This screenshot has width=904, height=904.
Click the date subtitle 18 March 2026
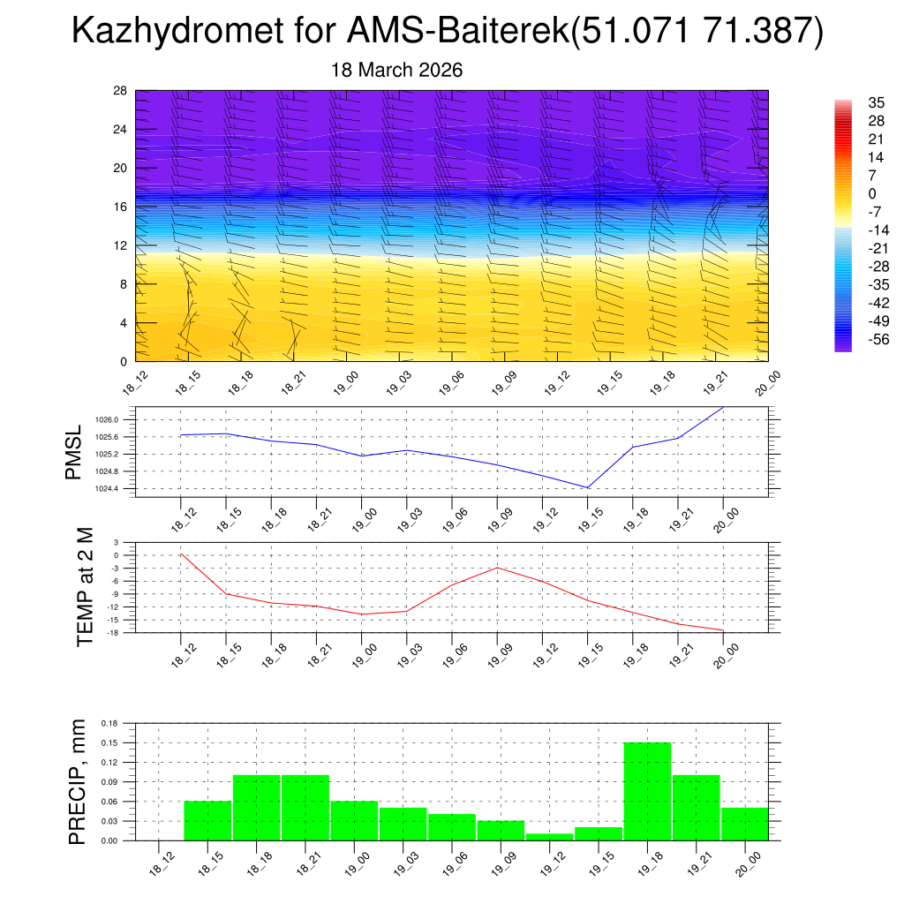pyautogui.click(x=396, y=71)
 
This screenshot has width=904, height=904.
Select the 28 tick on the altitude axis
pyautogui.click(x=121, y=91)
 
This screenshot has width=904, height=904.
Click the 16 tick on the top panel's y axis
pyautogui.click(x=121, y=207)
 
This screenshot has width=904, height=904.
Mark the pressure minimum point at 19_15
pyautogui.click(x=588, y=487)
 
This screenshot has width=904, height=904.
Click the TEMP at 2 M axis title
pyautogui.click(x=85, y=587)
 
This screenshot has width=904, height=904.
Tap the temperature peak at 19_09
pyautogui.click(x=497, y=568)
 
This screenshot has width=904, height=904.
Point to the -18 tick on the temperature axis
pyautogui.click(x=114, y=632)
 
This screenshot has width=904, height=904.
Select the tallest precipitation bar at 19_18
pyautogui.click(x=647, y=791)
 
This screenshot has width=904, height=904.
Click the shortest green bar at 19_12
pyautogui.click(x=549, y=837)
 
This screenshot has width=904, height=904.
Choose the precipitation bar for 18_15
pyautogui.click(x=207, y=821)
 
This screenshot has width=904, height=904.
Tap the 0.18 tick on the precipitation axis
pyautogui.click(x=109, y=723)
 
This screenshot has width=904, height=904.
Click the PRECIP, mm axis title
pyautogui.click(x=78, y=781)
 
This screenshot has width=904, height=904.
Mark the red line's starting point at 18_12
pyautogui.click(x=181, y=554)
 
